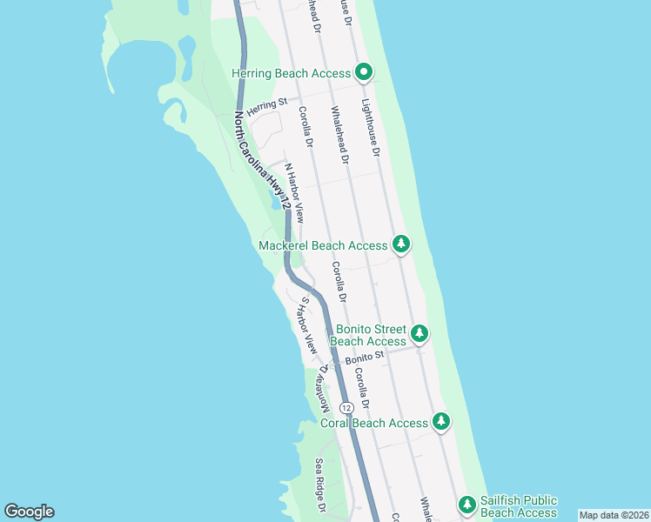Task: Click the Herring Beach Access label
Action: click(291, 74)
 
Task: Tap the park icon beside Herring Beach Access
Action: click(364, 72)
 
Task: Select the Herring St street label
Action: click(266, 107)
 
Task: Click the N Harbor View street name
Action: click(293, 192)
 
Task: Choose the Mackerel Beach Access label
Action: click(323, 245)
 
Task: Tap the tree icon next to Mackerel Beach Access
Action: click(401, 244)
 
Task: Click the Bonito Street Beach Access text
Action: click(372, 335)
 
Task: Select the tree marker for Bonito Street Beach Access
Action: click(420, 332)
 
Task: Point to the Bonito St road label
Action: click(364, 358)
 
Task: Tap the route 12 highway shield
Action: click(346, 407)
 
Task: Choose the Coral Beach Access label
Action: click(374, 423)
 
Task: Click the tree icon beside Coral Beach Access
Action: click(442, 422)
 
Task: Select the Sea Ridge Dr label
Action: click(320, 484)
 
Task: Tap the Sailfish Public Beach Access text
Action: click(518, 506)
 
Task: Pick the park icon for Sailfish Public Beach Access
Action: click(467, 505)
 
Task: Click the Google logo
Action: click(29, 512)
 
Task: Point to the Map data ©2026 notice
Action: click(613, 515)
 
